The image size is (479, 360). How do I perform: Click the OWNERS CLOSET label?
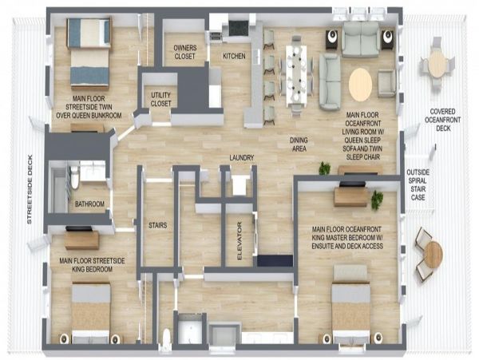[x=184, y=52]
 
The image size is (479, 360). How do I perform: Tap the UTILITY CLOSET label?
[x=160, y=99]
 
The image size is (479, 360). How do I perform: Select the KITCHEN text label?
[x=234, y=56]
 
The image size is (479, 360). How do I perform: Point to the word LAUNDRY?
[x=242, y=157]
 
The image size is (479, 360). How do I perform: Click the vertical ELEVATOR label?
[x=239, y=241]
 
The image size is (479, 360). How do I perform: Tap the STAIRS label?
[x=157, y=225]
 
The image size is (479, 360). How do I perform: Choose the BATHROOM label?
[x=89, y=204]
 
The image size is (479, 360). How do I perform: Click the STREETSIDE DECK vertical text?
[x=30, y=189]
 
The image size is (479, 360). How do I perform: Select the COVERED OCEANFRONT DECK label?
[x=442, y=120]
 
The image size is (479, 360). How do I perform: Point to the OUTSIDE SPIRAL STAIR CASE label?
[x=418, y=185]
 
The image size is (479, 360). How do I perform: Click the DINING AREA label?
[x=299, y=144]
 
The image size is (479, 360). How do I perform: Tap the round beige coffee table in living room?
[x=361, y=85]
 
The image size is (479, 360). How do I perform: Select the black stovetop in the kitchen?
[x=239, y=28]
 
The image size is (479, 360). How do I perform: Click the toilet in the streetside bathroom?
[x=75, y=177]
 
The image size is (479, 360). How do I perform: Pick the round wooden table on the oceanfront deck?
[x=433, y=255]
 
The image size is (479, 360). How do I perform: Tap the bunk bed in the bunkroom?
[x=89, y=53]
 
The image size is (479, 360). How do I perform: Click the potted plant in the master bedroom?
[x=377, y=200]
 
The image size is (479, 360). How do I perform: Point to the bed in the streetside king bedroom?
[x=91, y=313]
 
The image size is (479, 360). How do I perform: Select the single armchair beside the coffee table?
[x=386, y=83]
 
